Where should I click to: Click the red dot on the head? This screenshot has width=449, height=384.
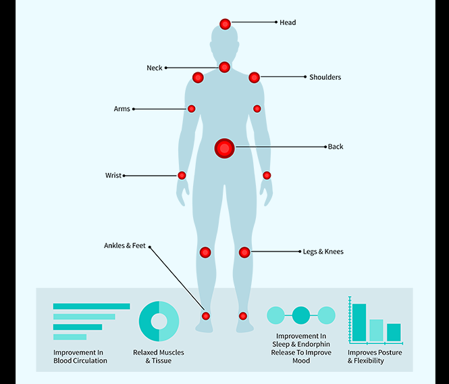point(225,24)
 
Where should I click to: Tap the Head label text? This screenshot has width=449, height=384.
point(288,23)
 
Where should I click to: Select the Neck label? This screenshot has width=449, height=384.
point(154,68)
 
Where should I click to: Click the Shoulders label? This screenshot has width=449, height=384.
point(325,78)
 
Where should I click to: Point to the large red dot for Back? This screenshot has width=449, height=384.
point(224,148)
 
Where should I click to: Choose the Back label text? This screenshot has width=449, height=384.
point(336,147)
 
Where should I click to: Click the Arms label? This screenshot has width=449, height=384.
point(122,109)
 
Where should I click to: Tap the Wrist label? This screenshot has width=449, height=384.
point(113,176)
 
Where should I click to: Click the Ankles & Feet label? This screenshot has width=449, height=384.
point(124,246)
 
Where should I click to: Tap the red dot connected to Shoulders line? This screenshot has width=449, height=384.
point(254,78)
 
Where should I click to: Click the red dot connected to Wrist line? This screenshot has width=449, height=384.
point(182,176)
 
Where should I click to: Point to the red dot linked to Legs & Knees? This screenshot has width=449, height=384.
point(244,252)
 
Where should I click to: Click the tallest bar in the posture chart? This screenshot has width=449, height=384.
point(359,322)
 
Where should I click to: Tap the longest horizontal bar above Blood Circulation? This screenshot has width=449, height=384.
point(91,306)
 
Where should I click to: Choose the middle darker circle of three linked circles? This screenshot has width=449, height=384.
point(301,315)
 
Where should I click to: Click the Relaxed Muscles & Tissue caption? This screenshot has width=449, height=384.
point(159,356)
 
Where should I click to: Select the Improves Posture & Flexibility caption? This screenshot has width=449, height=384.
point(375,356)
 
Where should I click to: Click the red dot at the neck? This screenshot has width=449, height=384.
point(225,67)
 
